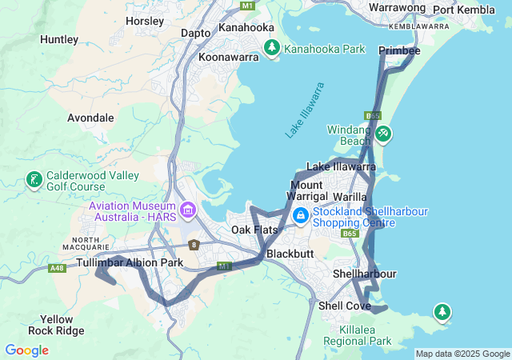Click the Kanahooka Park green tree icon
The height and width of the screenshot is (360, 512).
[x=272, y=49]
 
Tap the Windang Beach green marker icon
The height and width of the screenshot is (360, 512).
[x=383, y=134]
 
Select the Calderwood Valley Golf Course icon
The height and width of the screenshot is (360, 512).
[x=34, y=180]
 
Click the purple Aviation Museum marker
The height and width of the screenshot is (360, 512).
[x=189, y=211]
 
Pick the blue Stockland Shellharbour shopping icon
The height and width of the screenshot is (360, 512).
[x=301, y=215]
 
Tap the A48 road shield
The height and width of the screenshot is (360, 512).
[x=57, y=268]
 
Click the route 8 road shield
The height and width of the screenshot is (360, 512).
[x=194, y=245]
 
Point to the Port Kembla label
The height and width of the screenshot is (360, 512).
[x=465, y=10]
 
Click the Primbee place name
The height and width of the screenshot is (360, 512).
[x=399, y=50]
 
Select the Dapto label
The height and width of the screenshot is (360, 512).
[x=196, y=33]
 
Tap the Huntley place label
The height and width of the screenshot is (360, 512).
[x=59, y=38]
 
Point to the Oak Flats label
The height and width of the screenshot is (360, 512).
[x=254, y=230]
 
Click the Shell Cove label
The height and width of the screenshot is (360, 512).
[x=345, y=306]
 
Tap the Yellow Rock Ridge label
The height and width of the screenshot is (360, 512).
[x=55, y=324]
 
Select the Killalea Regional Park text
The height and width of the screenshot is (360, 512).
[x=358, y=335]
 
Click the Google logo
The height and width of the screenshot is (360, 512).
[x=26, y=350]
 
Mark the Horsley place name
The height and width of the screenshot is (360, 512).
[x=145, y=20]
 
